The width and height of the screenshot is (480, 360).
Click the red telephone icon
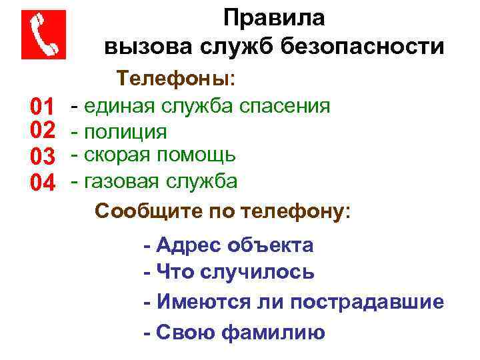point(44,35)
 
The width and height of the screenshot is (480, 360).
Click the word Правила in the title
point(274,18)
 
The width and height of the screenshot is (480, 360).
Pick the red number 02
point(42,131)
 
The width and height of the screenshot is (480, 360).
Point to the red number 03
point(42,156)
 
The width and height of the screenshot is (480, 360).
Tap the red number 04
point(42,181)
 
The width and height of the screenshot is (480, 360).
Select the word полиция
point(125,131)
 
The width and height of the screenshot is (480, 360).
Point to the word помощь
point(196,155)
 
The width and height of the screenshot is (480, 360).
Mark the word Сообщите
point(139,212)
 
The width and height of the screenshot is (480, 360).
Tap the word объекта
point(270,245)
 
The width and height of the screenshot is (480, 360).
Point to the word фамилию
point(273,331)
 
